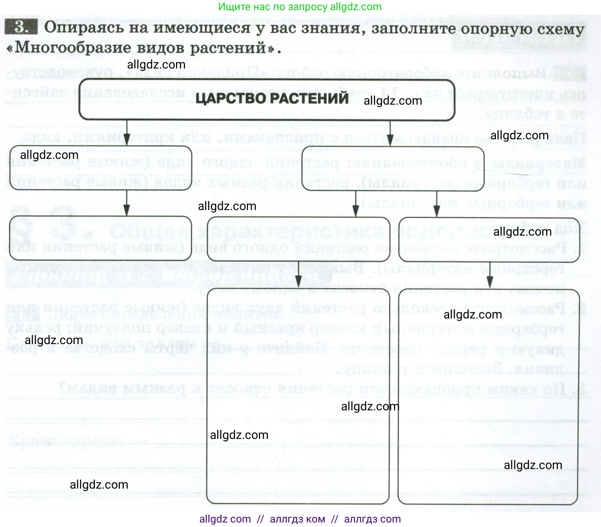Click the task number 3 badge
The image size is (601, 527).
pos(21,27)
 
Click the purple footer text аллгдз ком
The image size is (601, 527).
pos(297,519)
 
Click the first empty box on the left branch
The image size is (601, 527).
pos(100,168)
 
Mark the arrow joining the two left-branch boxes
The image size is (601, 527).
pos(127,203)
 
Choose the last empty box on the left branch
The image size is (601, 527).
pos(100,238)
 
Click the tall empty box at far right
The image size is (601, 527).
pos(488,397)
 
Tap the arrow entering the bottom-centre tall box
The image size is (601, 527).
pos(298,274)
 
